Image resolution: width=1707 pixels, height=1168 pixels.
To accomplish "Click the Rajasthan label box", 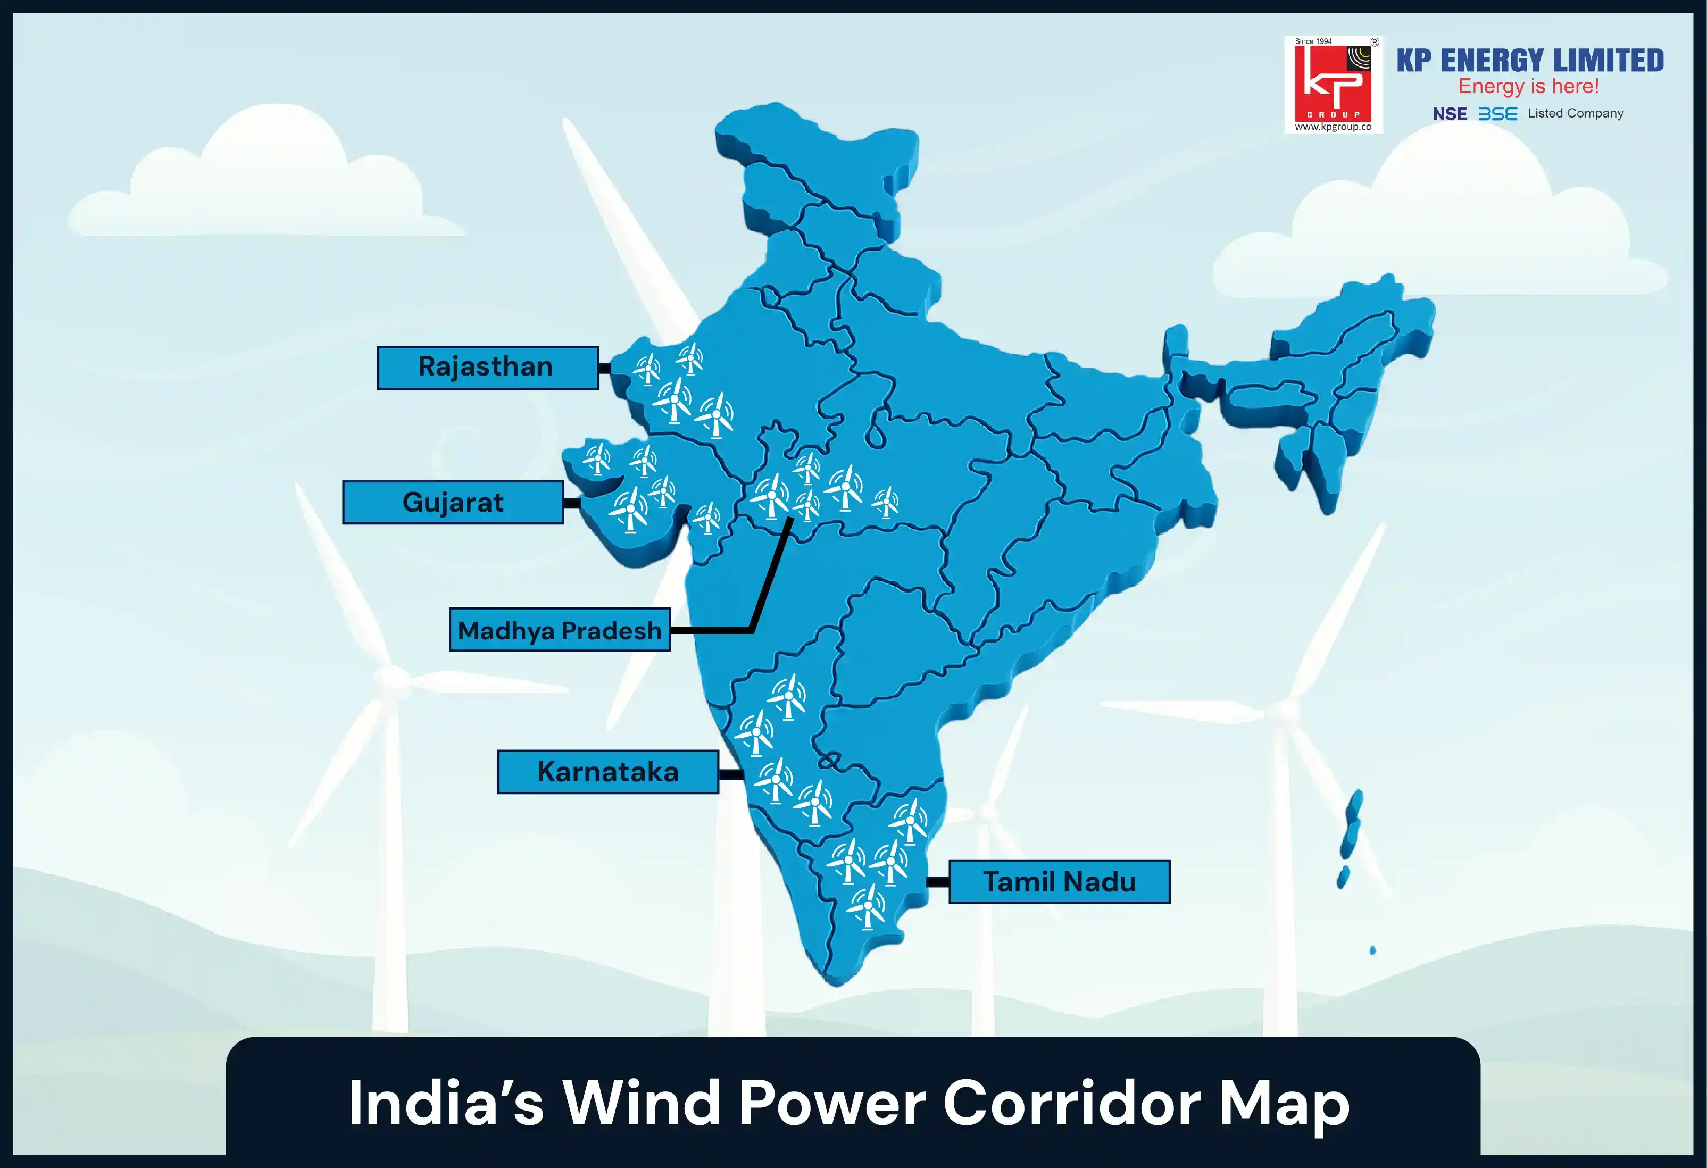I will [x=487, y=368].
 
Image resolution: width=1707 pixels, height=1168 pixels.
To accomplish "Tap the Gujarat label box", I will [x=453, y=503].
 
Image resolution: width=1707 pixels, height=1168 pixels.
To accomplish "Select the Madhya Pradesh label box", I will [x=559, y=630].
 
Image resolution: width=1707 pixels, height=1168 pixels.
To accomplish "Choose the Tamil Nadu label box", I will [x=1059, y=881].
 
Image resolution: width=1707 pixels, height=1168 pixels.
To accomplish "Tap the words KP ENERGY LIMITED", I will [x=1529, y=60].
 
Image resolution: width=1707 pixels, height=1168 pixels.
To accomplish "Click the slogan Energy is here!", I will [x=1528, y=87].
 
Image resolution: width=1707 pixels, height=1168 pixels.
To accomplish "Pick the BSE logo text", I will [x=1497, y=114].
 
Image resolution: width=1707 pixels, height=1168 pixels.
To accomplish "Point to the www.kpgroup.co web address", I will [x=1333, y=127].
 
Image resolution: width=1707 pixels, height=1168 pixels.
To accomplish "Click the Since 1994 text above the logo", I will [x=1313, y=41].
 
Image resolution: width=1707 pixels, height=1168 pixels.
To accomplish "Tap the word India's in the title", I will [x=445, y=1103].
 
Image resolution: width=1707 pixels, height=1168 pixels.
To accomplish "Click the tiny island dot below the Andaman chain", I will [x=1372, y=950].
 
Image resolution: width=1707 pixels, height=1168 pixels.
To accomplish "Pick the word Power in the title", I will [x=831, y=1103].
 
